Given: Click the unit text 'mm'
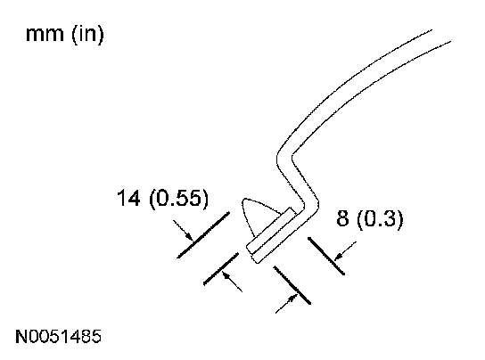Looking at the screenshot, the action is tap(45, 34).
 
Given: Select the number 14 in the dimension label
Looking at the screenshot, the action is tap(128, 198).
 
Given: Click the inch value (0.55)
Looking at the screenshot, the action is tap(179, 198).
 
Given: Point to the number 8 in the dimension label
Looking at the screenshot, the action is tap(342, 218).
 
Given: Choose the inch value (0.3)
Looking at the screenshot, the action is tap(380, 218).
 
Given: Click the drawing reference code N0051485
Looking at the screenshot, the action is tap(59, 336).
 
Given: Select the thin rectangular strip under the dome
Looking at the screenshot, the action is tap(271, 230).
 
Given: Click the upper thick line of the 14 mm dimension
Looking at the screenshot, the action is tap(203, 234).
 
